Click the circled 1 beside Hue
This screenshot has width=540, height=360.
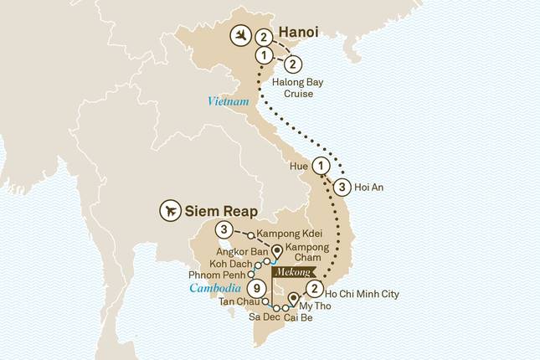[x=321, y=165]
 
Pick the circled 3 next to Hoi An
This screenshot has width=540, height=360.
[x=342, y=187]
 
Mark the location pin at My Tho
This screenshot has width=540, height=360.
[x=293, y=299]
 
